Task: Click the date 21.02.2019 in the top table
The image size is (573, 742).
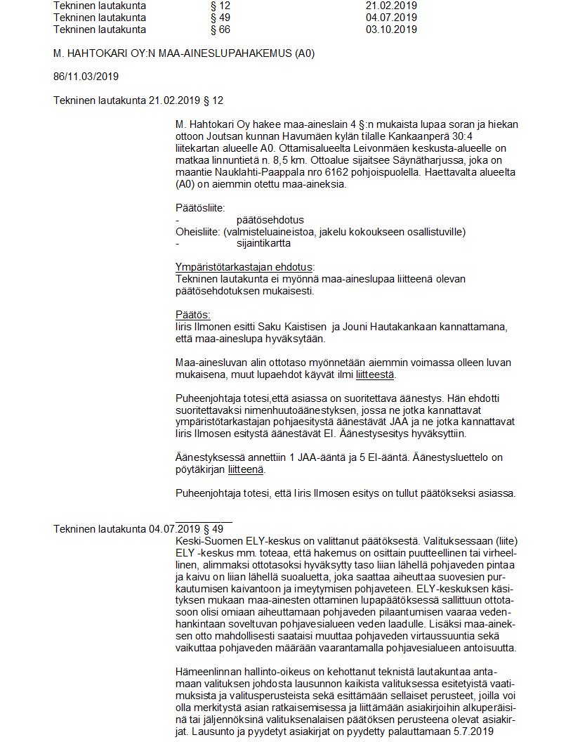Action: [x=391, y=6]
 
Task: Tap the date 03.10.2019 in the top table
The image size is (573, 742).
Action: [x=391, y=30]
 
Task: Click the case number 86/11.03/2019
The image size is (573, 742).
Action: [x=86, y=77]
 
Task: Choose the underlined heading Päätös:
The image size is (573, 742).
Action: [x=192, y=315]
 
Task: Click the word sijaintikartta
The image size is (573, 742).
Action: [x=263, y=243]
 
